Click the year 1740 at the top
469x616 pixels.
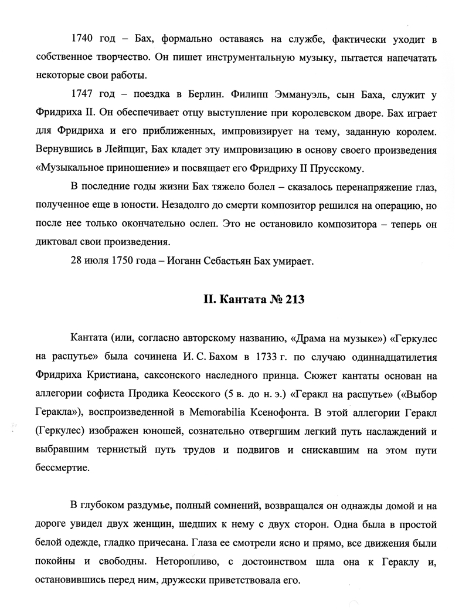(81, 40)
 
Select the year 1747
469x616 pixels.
(81, 94)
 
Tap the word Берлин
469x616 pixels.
(200, 94)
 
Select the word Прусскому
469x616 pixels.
(333, 168)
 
